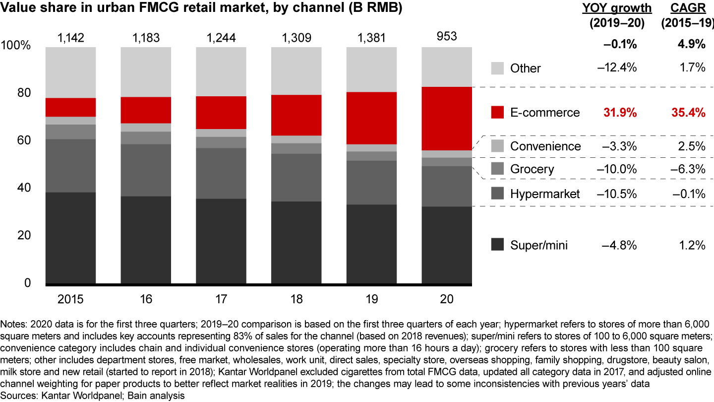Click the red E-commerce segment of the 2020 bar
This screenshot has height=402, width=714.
tap(447, 118)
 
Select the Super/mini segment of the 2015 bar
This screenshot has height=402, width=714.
tap(70, 238)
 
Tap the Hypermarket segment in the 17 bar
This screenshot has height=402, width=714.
tap(221, 173)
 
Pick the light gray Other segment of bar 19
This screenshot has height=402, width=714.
tap(371, 69)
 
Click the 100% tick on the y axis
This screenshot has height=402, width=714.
tap(17, 46)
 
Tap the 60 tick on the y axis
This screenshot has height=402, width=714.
tap(24, 140)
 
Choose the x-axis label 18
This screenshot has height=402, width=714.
tap(297, 299)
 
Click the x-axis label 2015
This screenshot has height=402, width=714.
tap(70, 299)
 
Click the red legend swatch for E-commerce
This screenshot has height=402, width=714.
tap(498, 112)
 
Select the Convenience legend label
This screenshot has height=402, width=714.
tap(545, 146)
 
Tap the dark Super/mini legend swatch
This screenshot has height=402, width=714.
tap(498, 245)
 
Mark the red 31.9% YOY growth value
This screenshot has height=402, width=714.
tap(620, 113)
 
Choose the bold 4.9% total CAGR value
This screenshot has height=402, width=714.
tap(692, 45)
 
